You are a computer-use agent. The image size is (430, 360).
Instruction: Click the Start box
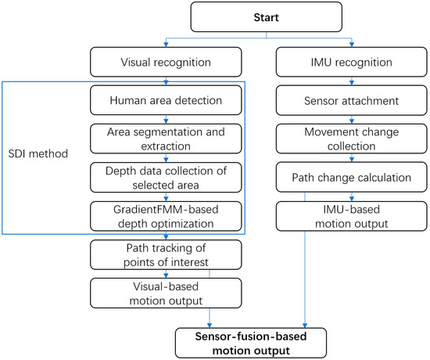coord(267,16)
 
